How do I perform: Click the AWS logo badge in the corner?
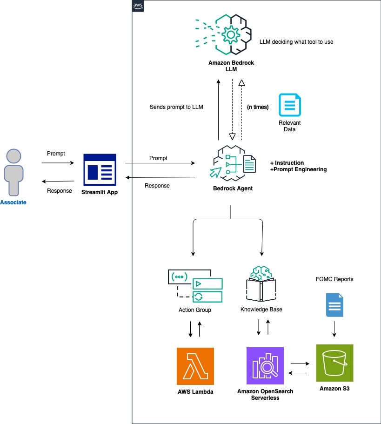(138, 6)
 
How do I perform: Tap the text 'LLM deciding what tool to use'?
(296, 42)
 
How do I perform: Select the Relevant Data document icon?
(289, 105)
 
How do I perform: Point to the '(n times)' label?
(258, 107)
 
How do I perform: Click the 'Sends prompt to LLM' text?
(176, 107)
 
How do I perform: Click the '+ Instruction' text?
(287, 163)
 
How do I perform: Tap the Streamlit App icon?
(99, 167)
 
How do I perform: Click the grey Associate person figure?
(13, 172)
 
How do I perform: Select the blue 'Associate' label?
(13, 202)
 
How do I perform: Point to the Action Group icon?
(195, 285)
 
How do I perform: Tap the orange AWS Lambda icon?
(195, 366)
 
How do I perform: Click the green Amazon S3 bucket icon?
(334, 363)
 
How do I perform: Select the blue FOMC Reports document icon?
(334, 305)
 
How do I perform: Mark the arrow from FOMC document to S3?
(334, 330)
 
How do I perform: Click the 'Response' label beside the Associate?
(60, 190)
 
